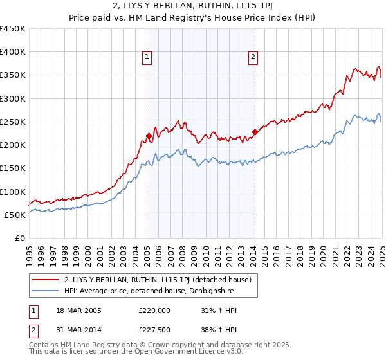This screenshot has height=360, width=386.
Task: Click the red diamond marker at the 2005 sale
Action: pyautogui.click(x=149, y=136)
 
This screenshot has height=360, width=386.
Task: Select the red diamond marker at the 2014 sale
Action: pyautogui.click(x=255, y=132)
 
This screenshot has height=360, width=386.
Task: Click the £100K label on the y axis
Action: pyautogui.click(x=12, y=192)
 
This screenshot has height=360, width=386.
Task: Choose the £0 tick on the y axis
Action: pyautogui.click(x=19, y=238)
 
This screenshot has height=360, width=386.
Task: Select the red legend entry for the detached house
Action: pyautogui.click(x=161, y=280)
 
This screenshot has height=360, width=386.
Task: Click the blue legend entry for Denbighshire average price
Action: pyautogui.click(x=149, y=291)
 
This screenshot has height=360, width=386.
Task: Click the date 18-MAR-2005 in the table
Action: pyautogui.click(x=78, y=310)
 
